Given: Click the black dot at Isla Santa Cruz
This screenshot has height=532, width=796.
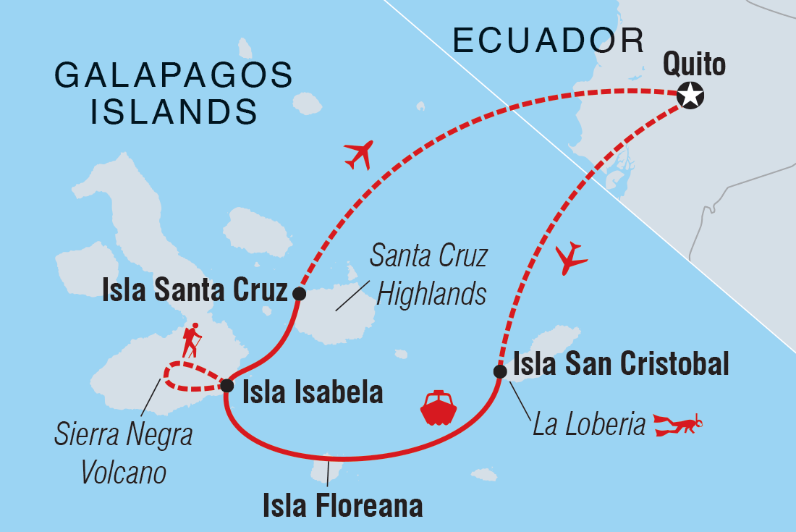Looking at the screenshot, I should pyautogui.click(x=298, y=293).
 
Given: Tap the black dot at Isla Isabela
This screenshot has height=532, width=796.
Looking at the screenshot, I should pyautogui.click(x=226, y=384).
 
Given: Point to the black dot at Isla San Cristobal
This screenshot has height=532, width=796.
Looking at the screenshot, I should pyautogui.click(x=499, y=371).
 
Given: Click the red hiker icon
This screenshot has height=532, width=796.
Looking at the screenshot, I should pyautogui.click(x=192, y=340).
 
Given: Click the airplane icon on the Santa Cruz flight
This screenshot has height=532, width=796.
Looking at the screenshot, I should pyautogui.click(x=359, y=154).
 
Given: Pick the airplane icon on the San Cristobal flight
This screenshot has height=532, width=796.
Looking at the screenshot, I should pyautogui.click(x=570, y=256).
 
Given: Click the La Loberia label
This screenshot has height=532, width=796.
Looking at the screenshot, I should pyautogui.click(x=588, y=425).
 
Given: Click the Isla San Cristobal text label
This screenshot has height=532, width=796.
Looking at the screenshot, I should pyautogui.click(x=620, y=365).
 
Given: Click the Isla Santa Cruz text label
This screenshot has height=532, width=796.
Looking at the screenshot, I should pyautogui.click(x=195, y=291).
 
